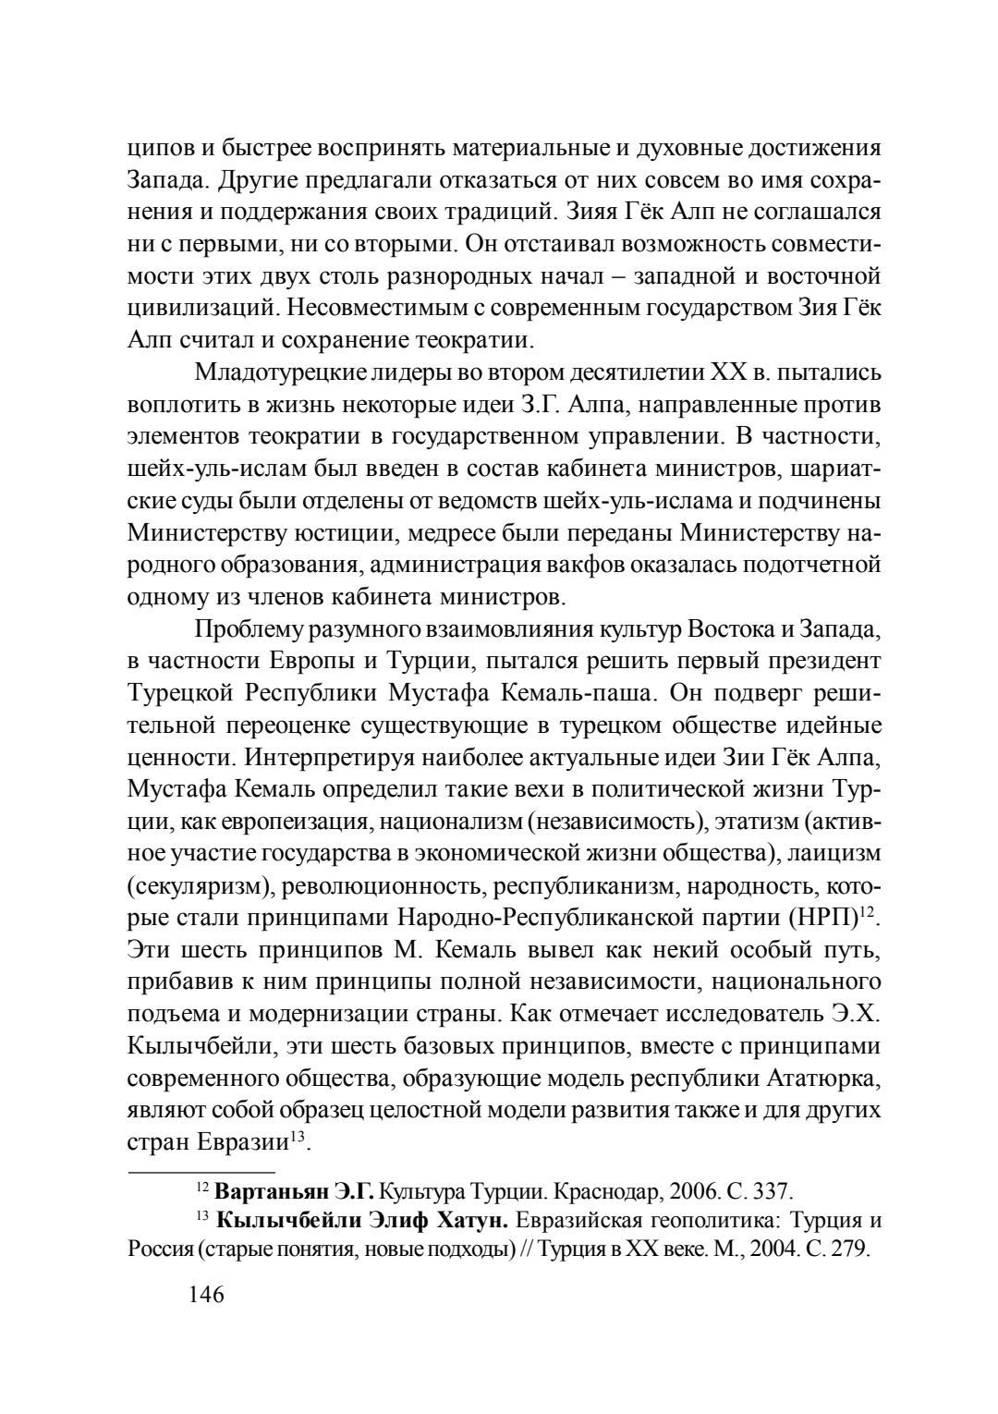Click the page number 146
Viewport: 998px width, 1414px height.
tap(206, 1294)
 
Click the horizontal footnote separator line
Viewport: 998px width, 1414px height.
tap(188, 1171)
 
